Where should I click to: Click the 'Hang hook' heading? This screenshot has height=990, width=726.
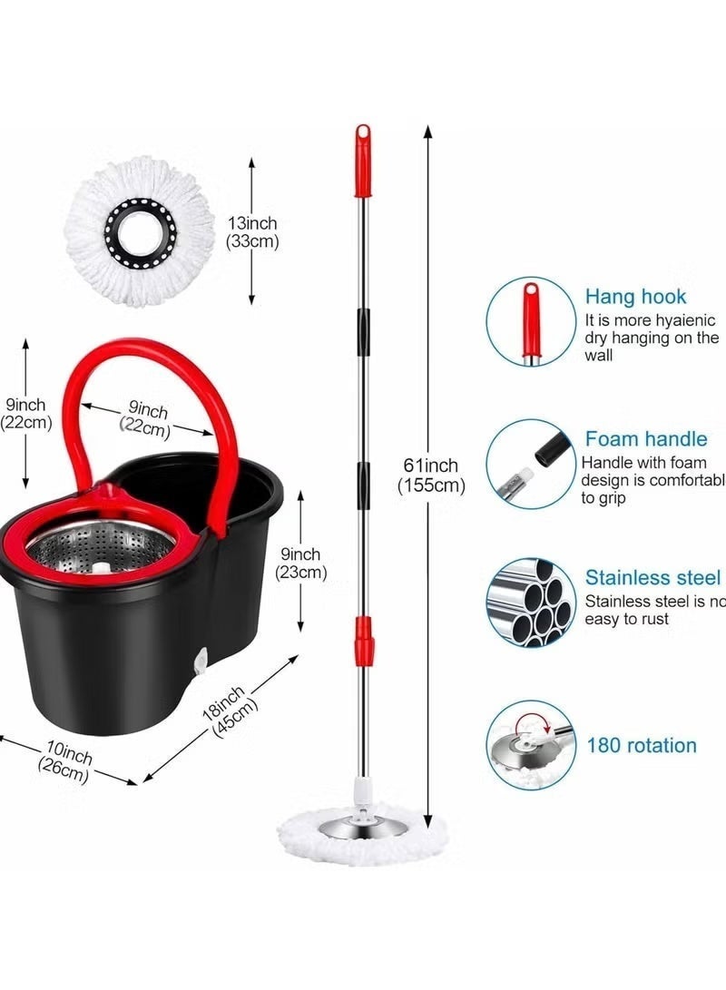click(x=635, y=297)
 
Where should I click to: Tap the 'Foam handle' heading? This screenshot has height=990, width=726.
click(x=645, y=439)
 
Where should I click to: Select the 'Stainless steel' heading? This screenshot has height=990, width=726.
click(x=652, y=578)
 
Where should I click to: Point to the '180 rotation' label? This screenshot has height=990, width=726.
click(x=642, y=745)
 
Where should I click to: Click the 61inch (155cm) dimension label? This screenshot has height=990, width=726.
click(x=431, y=475)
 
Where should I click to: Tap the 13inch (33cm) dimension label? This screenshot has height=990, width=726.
click(x=253, y=232)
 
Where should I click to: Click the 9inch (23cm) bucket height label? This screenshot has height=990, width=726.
click(x=300, y=563)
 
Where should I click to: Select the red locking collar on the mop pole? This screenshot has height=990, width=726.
click(x=364, y=639)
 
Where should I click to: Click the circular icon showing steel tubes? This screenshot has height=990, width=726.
click(x=531, y=602)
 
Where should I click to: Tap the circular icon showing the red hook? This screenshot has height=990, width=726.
click(x=531, y=320)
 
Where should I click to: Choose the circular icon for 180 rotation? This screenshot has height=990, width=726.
click(x=531, y=744)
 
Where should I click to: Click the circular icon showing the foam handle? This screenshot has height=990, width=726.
click(x=531, y=463)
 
